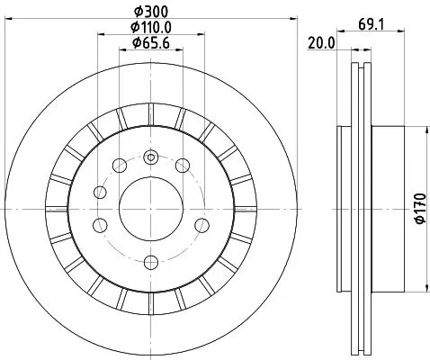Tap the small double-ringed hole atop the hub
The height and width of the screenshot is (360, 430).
pos(150,158)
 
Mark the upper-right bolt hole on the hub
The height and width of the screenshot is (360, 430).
pos(183,164)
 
